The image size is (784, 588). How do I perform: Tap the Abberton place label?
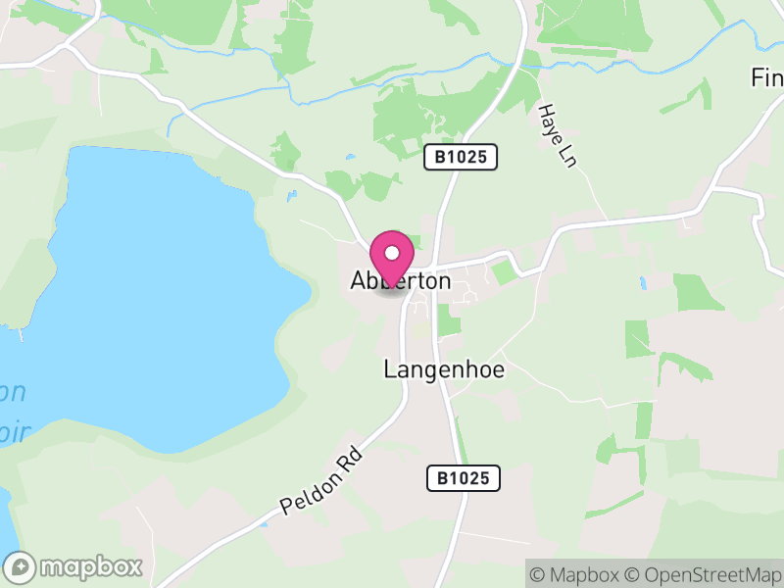click(x=401, y=281)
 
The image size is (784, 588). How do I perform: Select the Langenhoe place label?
click(x=444, y=369)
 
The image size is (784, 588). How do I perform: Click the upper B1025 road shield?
click(x=461, y=156)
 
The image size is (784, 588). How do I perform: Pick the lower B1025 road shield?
click(x=464, y=478)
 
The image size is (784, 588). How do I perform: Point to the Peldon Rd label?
click(x=321, y=481)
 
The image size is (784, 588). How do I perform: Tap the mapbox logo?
click(x=74, y=566)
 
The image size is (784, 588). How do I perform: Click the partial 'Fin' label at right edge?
click(x=766, y=76)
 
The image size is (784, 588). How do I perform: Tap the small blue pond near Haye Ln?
click(x=643, y=282)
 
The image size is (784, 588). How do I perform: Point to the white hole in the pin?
click(x=392, y=253)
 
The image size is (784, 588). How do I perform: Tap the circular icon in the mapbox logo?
click(x=20, y=566)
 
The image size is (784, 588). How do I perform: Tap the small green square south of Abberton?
click(x=449, y=320)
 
